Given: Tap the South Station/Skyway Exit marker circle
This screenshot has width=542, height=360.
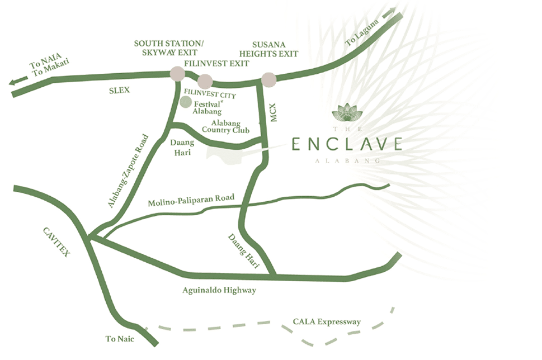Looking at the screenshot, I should (177, 74).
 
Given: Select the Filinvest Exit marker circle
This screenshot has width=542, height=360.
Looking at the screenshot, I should (205, 81).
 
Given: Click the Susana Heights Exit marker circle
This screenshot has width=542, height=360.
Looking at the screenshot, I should (269, 79).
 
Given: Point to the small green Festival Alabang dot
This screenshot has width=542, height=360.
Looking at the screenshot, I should (186, 102).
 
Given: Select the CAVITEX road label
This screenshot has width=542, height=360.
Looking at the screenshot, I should (56, 241).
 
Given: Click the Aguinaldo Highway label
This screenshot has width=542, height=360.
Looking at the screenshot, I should (219, 290).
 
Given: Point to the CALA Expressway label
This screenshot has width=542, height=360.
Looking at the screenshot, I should (327, 321).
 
